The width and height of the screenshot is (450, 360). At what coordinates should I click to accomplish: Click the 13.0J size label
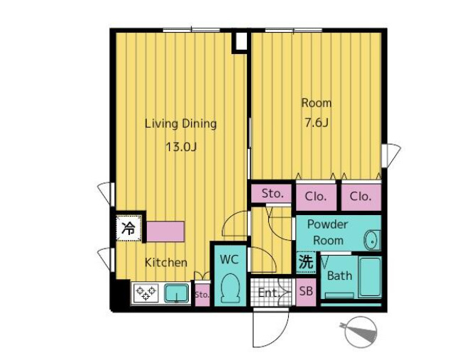coord(181,147)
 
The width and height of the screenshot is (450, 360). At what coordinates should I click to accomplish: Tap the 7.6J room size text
coord(317,123)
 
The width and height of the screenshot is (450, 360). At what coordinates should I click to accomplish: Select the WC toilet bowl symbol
coord(231,288)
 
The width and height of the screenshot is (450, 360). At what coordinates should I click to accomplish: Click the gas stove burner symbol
coord(146,293)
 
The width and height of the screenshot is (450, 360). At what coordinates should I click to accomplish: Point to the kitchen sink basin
coord(177,293)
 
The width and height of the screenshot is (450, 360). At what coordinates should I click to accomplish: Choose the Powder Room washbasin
coord(373,240)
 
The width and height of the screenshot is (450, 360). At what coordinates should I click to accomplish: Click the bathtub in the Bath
coord(370,277)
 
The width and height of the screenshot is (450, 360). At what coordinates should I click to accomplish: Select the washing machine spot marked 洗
coord(306,262)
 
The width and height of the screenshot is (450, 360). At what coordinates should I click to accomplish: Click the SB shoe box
coord(306,292)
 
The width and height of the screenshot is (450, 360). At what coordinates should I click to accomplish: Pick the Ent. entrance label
coord(269,293)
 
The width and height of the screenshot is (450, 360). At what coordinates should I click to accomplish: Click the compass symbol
coord(360,332)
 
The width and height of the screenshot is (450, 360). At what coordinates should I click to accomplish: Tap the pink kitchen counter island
coord(165,231)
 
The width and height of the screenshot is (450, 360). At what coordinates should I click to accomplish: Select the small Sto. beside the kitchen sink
coord(202,295)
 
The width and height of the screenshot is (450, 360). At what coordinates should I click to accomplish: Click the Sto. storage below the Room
coord(272,194)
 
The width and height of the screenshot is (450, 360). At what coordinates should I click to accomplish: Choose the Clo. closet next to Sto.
coord(316,197)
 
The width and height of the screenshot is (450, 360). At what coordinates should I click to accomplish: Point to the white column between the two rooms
coord(241,41)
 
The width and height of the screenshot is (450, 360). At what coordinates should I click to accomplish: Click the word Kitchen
coord(166,263)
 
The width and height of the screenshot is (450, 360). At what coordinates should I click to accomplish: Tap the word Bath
coord(339,276)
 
